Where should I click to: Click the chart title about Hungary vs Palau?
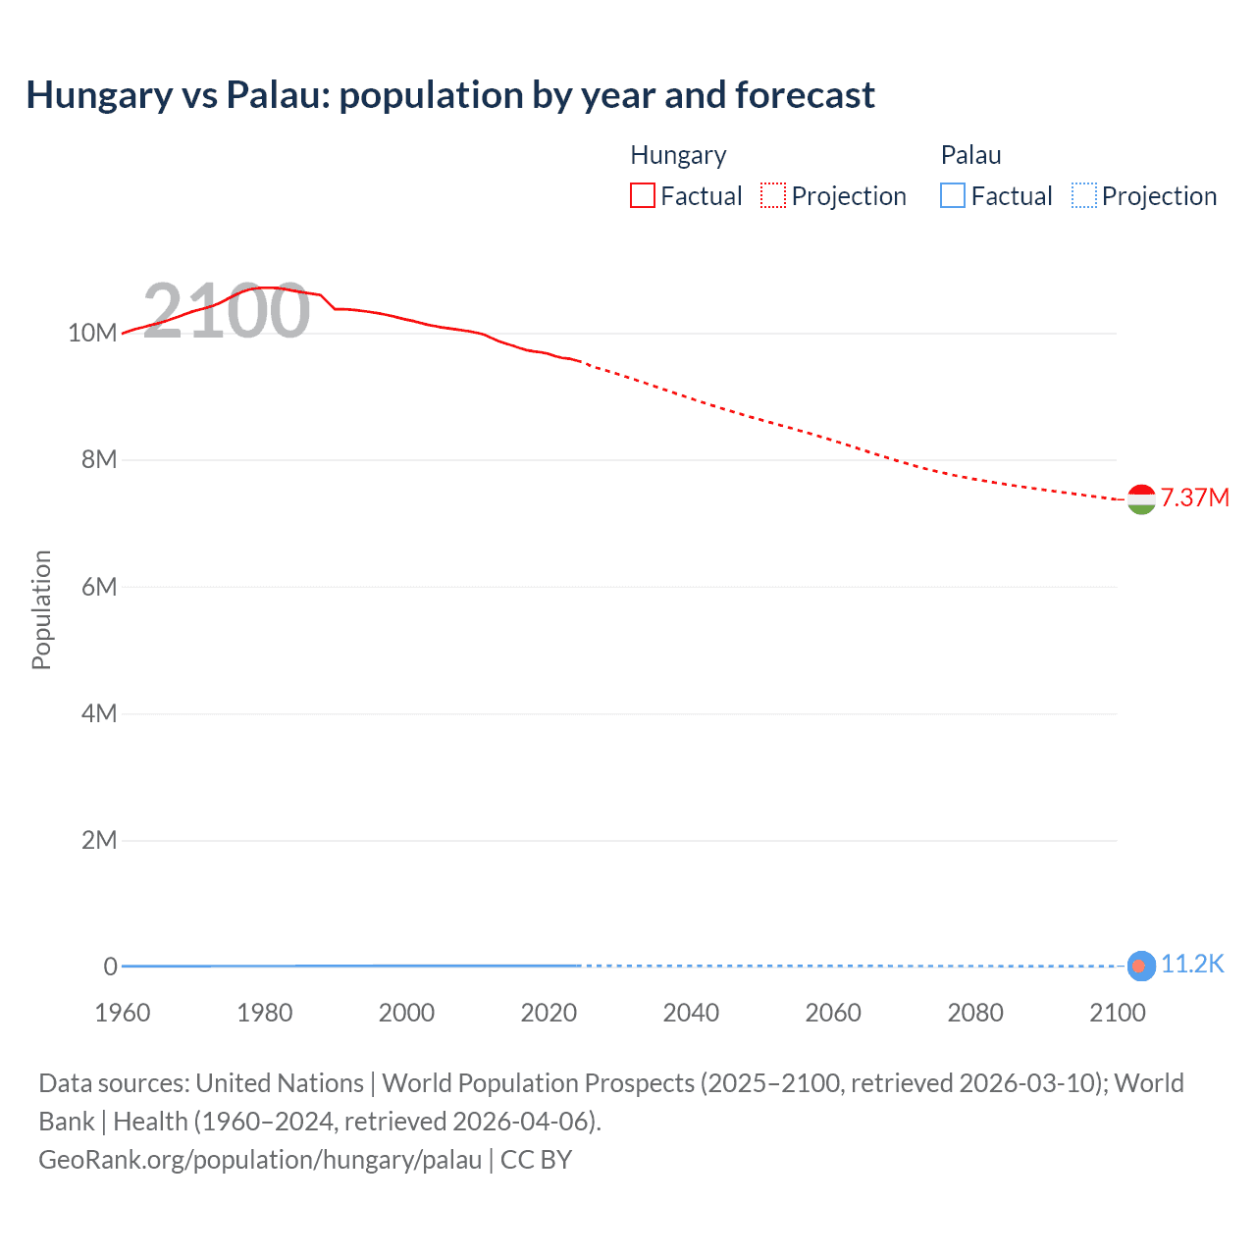[x=450, y=95]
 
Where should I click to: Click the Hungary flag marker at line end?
[x=1141, y=499]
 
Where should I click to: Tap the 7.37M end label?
[x=1194, y=497]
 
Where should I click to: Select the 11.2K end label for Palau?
[x=1192, y=965]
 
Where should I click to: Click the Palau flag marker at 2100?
[x=1139, y=967]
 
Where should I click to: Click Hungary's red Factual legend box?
[x=643, y=195]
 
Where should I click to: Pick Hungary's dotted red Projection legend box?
[x=773, y=195]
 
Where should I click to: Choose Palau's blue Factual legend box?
[x=953, y=195]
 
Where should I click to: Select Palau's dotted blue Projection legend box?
[x=1084, y=195]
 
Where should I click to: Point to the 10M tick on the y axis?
[x=92, y=333]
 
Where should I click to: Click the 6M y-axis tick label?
[x=99, y=587]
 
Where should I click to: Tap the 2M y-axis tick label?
[x=99, y=840]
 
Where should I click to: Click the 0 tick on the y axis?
[x=110, y=967]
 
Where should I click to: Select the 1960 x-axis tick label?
[x=123, y=1013]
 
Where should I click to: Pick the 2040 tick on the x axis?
[x=691, y=1013]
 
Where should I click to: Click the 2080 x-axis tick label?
[x=975, y=1013]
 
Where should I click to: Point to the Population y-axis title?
[x=41, y=609]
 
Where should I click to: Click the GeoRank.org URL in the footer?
[x=260, y=1160]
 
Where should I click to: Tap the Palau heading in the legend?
[x=970, y=155]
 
